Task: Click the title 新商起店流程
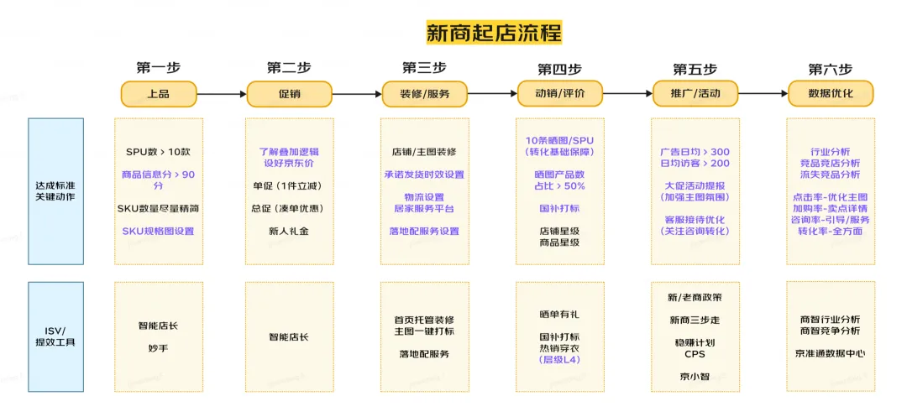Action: (x=494, y=33)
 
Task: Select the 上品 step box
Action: (x=158, y=94)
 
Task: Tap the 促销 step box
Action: (x=289, y=94)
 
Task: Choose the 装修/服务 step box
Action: (x=424, y=94)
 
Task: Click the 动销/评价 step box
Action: (x=560, y=94)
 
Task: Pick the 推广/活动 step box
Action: (x=695, y=94)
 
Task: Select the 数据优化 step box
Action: (x=830, y=94)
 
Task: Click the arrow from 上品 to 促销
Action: (x=222, y=94)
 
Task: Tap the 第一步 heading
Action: (x=158, y=68)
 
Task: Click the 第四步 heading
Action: (x=559, y=69)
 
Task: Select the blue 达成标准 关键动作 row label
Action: (x=56, y=192)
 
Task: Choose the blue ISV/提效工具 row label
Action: (x=56, y=336)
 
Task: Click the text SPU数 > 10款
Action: (x=158, y=153)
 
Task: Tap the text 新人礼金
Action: (x=288, y=231)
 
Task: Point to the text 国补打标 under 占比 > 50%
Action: (x=559, y=207)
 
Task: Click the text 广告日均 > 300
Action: (x=695, y=152)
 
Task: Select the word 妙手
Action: (x=158, y=347)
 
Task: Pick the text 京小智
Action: (x=695, y=376)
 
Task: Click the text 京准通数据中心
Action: (x=830, y=353)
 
